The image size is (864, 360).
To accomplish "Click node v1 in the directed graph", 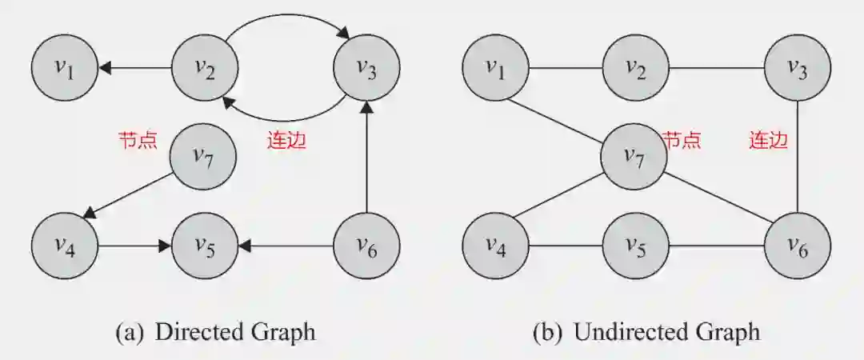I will tap(64, 69).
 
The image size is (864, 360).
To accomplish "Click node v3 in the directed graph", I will tap(366, 69).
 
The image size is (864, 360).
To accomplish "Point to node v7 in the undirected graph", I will tap(634, 158).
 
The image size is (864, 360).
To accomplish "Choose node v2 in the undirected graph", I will tap(635, 69).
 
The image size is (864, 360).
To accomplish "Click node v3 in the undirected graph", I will tap(798, 69).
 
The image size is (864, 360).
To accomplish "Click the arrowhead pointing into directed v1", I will tap(104, 69).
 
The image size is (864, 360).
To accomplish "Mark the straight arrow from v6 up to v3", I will tap(366, 160).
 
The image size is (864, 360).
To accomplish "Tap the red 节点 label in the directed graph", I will tap(137, 141).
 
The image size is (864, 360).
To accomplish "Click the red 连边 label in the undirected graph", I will tap(768, 141).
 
